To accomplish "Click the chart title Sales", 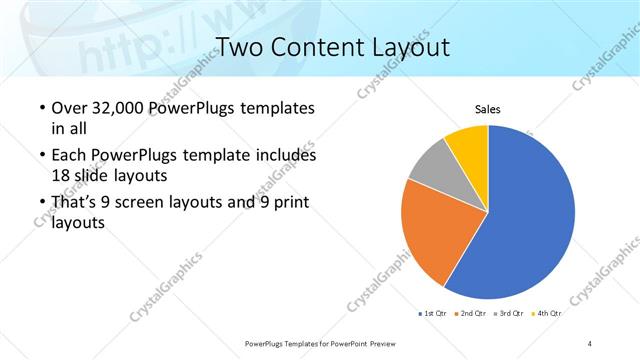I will point(487,110).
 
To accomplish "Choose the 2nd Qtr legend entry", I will point(472,314).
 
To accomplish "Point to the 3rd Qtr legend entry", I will point(510,314).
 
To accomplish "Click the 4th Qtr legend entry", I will point(547,314).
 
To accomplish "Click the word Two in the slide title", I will point(238,47).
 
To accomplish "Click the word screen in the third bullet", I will point(139,203).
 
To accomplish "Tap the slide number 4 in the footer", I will point(590,343).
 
